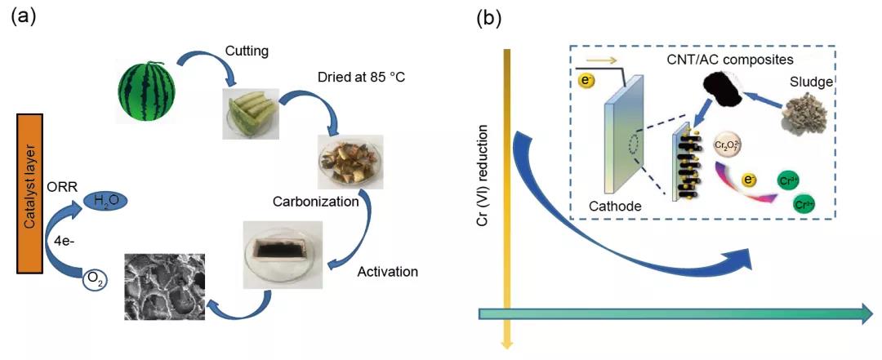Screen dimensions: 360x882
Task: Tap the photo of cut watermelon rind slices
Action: pos(251,113)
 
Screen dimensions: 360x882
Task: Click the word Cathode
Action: pos(615,207)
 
